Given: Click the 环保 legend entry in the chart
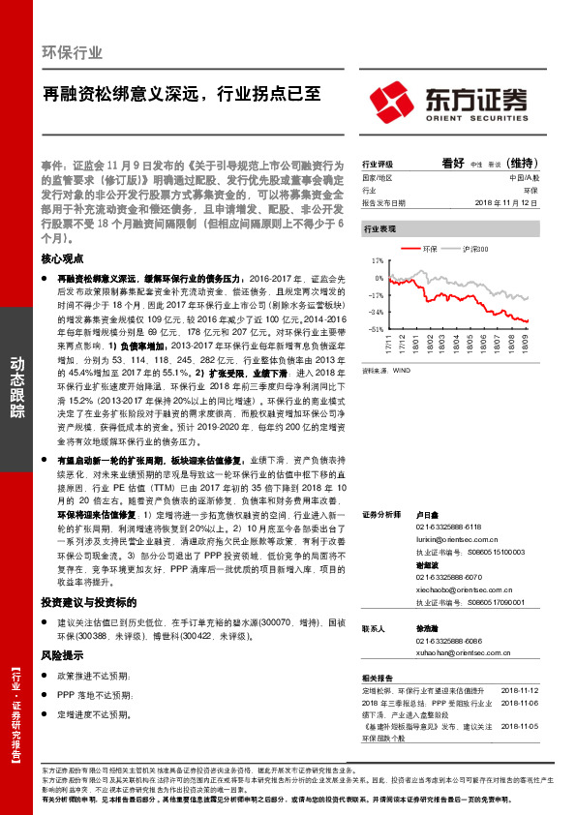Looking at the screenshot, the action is pyautogui.click(x=431, y=250).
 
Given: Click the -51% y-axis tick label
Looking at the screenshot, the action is pyautogui.click(x=376, y=329).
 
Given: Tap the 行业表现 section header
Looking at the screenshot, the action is pyautogui.click(x=379, y=228).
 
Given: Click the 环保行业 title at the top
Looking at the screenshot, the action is pyautogui.click(x=73, y=53).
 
